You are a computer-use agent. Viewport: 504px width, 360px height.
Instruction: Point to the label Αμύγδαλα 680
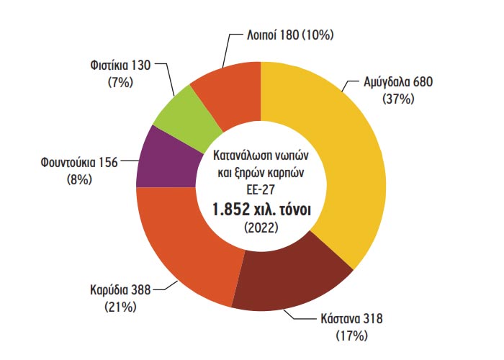(397, 83)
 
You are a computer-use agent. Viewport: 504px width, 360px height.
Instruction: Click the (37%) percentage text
(399, 99)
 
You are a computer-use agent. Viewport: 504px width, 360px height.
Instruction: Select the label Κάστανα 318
(353, 319)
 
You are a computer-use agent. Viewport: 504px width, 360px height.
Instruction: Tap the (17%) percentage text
(352, 336)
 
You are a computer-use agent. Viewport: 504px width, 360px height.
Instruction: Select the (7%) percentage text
(120, 83)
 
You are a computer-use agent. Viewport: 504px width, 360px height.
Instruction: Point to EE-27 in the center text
(261, 189)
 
